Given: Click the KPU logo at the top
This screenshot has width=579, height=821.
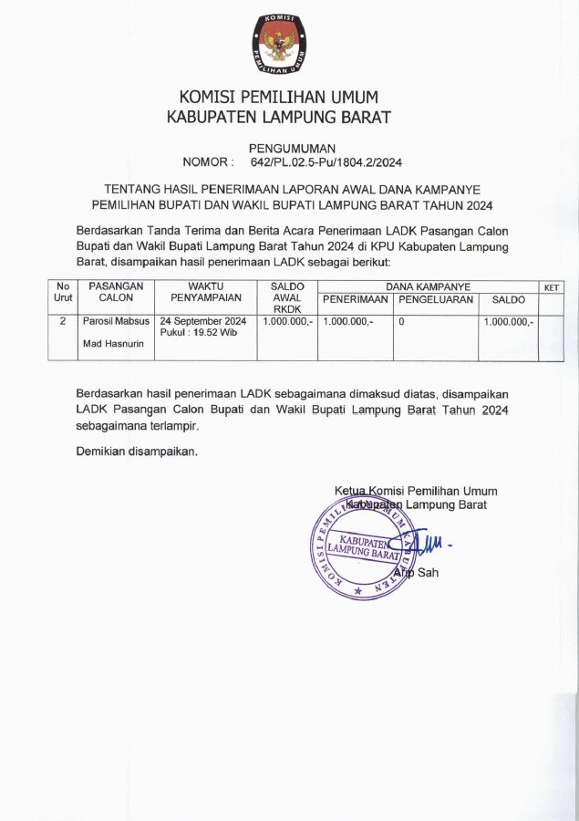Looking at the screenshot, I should [278, 44].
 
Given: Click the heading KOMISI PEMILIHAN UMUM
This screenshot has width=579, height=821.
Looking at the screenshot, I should [278, 97].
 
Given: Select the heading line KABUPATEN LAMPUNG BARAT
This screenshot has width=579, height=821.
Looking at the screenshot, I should [278, 117].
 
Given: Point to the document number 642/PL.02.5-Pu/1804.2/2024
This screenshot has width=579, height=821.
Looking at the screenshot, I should [326, 162].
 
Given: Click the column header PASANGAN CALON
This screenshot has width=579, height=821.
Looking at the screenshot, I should [116, 292].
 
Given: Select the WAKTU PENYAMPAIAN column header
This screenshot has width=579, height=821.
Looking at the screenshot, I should [206, 292].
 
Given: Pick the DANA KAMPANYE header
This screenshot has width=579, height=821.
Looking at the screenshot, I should [428, 286].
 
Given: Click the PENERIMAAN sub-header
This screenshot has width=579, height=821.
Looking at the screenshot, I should [356, 300].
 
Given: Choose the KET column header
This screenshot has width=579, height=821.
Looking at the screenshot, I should [551, 287].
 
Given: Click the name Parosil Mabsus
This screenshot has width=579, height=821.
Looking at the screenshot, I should [116, 322].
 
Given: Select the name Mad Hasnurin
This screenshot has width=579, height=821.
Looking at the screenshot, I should [107, 344].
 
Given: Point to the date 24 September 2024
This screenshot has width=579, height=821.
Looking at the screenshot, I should [203, 322].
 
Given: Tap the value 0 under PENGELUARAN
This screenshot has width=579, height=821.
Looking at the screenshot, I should [401, 322].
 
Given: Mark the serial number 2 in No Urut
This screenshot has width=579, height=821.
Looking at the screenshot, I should [62, 322].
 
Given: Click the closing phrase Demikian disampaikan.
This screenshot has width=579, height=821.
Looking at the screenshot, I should [136, 451].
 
